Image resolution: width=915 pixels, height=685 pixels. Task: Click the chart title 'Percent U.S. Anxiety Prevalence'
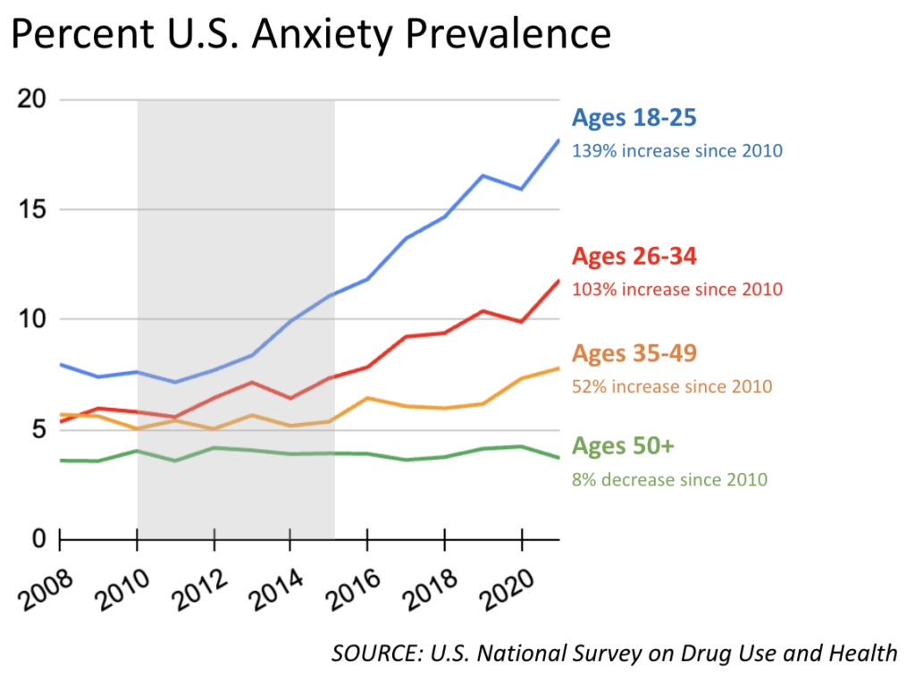click(311, 36)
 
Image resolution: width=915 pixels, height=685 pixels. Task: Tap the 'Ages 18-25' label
click(634, 118)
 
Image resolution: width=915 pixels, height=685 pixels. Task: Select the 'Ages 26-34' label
click(634, 257)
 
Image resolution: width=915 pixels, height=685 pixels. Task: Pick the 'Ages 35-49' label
click(634, 353)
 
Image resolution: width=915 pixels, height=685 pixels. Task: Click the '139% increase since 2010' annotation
click(677, 151)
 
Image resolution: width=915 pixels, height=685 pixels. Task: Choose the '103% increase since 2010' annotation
click(677, 290)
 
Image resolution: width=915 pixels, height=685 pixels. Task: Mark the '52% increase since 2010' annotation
click(672, 386)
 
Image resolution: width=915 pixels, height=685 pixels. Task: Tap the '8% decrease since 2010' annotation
click(669, 479)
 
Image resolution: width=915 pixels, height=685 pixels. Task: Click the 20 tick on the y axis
click(31, 99)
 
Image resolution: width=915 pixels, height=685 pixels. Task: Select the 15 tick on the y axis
click(31, 210)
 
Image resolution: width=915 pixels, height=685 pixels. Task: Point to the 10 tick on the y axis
click(31, 320)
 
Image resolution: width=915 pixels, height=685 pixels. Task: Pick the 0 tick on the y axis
click(38, 539)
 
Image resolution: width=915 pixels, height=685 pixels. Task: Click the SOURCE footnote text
click(614, 653)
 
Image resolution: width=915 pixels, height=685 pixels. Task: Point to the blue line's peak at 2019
click(483, 175)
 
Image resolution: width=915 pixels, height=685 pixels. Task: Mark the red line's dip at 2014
click(290, 398)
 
